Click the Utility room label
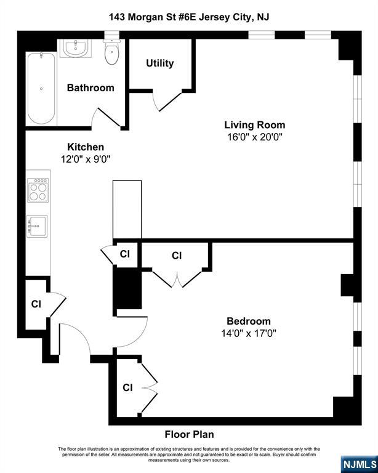[160, 63]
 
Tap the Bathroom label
[90, 88]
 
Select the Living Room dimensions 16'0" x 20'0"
[255, 137]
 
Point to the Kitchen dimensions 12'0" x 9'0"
[86, 159]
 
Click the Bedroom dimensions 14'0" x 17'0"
[249, 333]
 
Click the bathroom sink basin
[75, 48]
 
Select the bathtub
[41, 89]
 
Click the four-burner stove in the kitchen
[38, 190]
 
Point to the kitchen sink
[37, 226]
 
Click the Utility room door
[168, 102]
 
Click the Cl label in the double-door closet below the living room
[177, 256]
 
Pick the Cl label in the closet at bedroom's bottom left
[127, 387]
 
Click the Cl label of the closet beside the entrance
[36, 304]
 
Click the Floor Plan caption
[189, 434]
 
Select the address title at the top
[189, 17]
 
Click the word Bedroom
[249, 321]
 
